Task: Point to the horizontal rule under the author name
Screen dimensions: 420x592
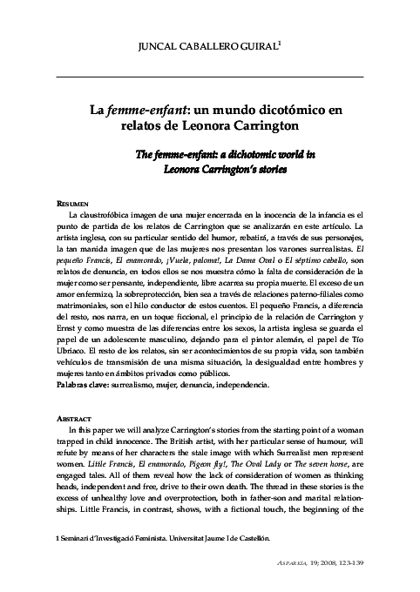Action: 209,77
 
